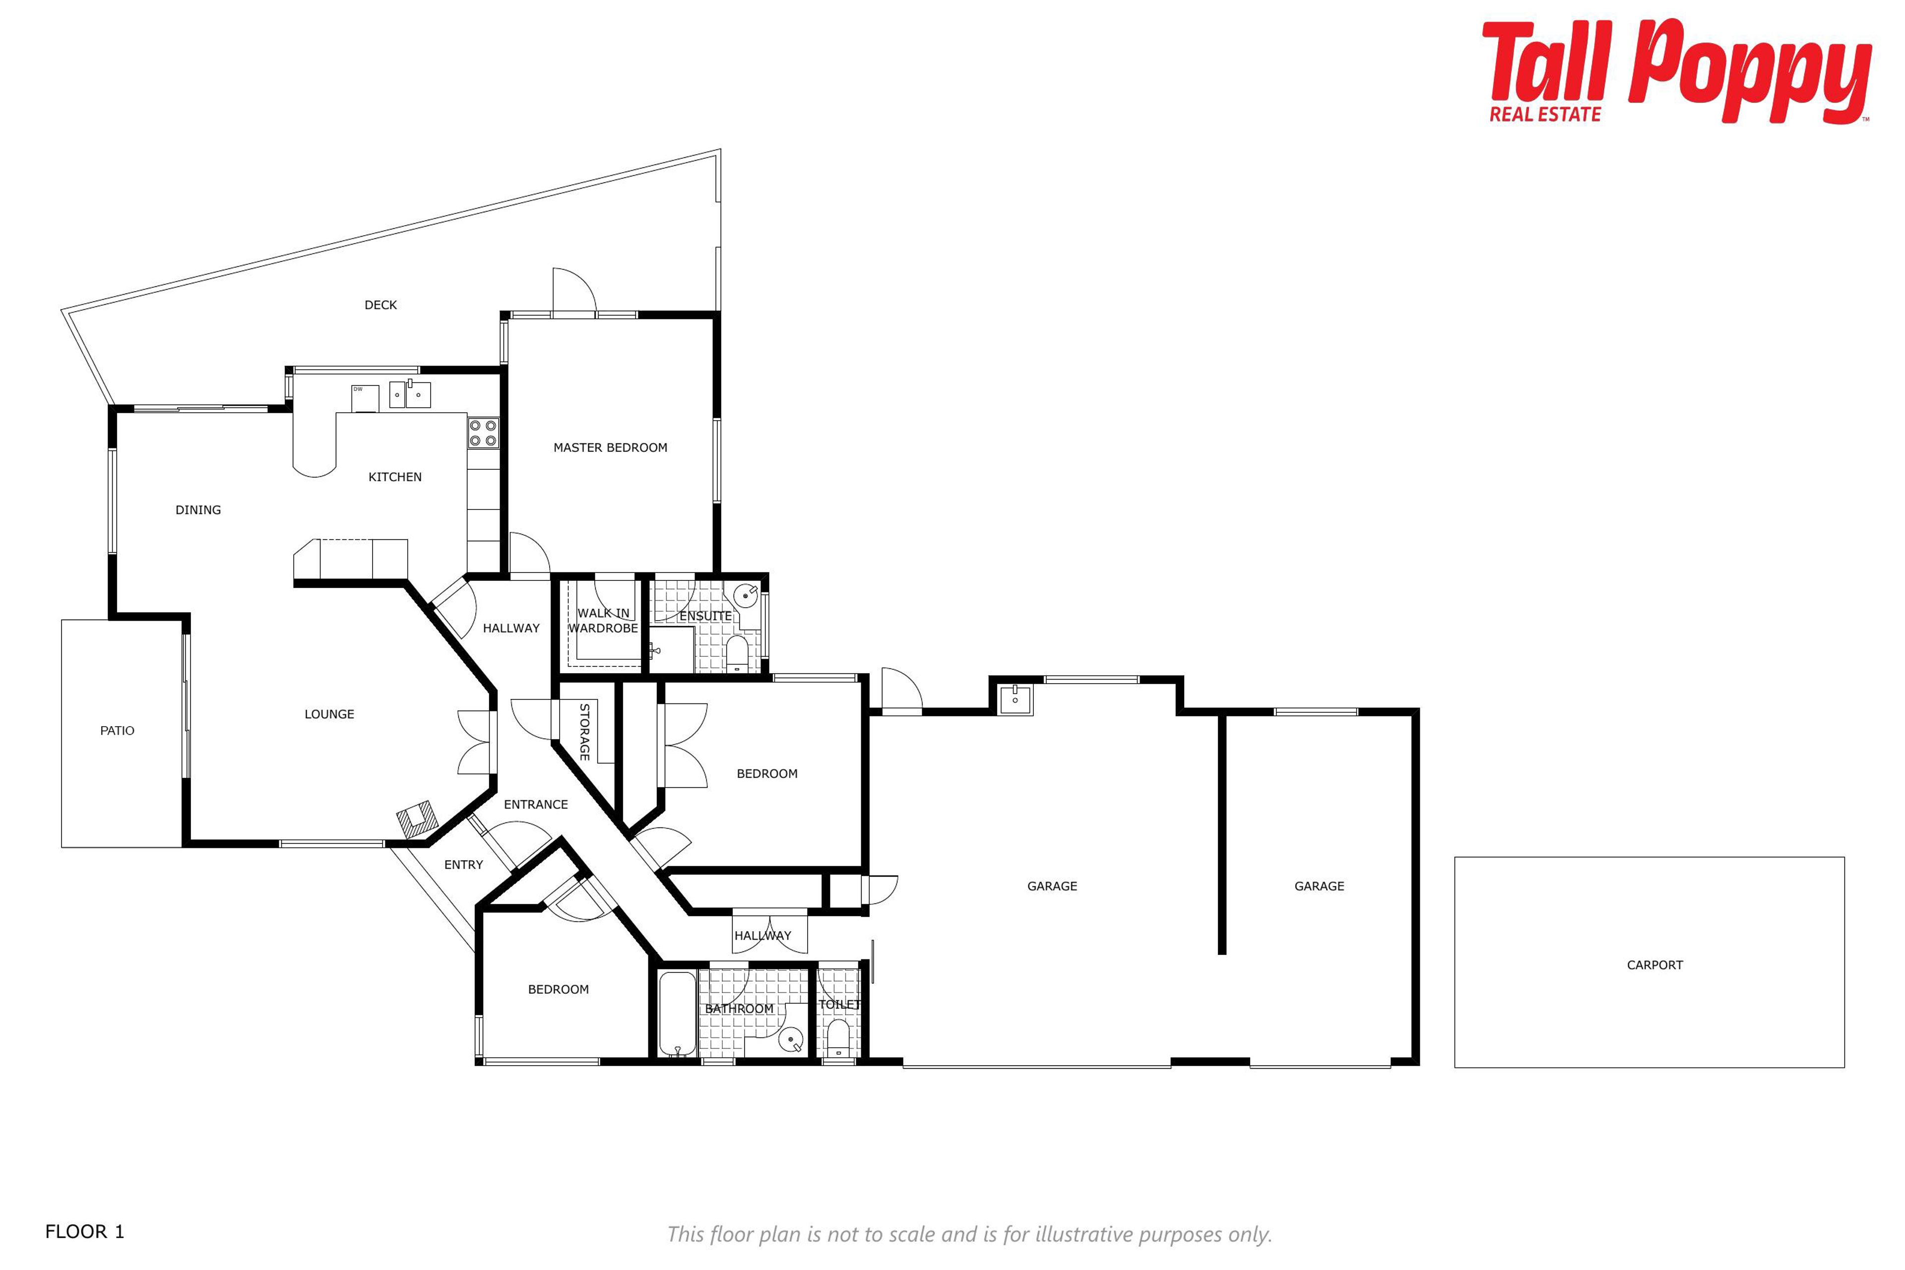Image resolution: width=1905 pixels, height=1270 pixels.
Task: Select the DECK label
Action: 381,305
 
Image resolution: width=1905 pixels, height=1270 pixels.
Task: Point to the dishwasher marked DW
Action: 365,398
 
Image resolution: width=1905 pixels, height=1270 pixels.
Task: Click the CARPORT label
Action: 1655,964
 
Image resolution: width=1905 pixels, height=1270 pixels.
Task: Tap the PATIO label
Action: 118,731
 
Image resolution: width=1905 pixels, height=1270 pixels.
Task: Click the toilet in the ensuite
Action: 737,654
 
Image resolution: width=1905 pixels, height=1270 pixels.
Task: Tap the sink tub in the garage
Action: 1015,699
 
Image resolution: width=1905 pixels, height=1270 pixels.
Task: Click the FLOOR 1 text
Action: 85,1232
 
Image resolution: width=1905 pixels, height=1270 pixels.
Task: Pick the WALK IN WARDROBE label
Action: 603,621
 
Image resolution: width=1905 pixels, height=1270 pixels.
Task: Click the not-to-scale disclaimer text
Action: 969,1234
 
